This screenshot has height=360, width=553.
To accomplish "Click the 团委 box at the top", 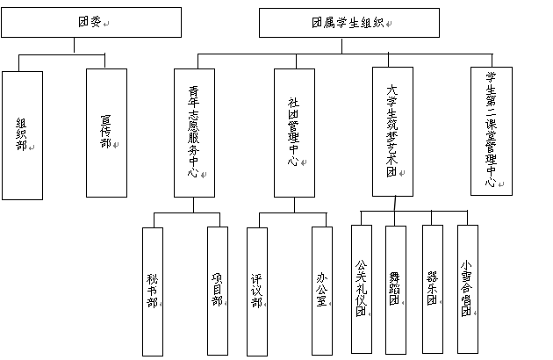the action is click(91, 22).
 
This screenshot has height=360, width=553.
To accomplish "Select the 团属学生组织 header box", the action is click(349, 23).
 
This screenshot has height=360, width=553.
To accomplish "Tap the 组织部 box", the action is click(22, 135).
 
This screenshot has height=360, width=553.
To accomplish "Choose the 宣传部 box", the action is click(106, 133).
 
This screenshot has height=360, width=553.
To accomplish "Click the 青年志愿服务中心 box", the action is click(194, 133).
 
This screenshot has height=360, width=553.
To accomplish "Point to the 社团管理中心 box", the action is click(294, 133).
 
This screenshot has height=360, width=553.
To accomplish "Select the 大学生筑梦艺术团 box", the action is click(393, 132).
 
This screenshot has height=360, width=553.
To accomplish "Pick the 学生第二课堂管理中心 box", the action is click(492, 131).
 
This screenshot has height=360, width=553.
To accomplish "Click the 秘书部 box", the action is click(153, 292).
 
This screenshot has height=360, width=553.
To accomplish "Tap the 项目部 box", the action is click(218, 291).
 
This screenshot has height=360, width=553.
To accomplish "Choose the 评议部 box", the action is click(257, 292).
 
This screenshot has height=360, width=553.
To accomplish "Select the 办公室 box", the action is click(322, 291).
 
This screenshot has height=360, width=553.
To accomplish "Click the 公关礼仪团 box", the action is click(362, 289).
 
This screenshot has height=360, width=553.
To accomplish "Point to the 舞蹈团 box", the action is click(396, 290).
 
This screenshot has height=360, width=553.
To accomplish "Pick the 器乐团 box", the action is click(433, 289).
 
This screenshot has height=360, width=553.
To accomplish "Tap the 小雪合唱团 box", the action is click(468, 289).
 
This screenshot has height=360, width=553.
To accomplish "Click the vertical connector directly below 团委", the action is click(74, 45).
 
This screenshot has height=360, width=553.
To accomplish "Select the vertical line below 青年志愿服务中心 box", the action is click(194, 205).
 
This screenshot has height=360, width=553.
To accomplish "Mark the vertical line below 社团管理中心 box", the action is click(294, 205).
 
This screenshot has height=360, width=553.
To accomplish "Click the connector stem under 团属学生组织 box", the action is click(341, 46).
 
